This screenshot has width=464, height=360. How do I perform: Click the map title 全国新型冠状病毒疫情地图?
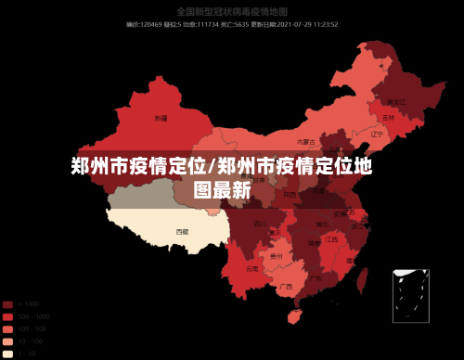[231, 12]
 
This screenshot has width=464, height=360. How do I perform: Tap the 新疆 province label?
[161, 119]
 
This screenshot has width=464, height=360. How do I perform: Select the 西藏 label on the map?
[182, 230]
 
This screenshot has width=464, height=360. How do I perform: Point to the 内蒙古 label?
[305, 142]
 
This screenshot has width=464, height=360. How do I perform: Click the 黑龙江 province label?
[396, 101]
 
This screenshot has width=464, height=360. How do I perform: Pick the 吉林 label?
[388, 119]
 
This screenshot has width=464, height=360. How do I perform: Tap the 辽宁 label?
[377, 134]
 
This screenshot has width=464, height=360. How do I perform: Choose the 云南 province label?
[252, 268]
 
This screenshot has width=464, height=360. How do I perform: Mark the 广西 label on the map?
[286, 287]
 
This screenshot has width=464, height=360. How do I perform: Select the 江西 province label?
[331, 239]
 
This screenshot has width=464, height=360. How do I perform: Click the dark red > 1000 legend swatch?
[7, 304]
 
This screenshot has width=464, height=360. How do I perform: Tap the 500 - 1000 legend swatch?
[7, 316]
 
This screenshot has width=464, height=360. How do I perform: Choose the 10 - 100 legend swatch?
[7, 341]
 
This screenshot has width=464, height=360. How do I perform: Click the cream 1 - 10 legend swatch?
[7, 353]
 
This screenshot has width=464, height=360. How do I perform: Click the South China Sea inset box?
[410, 295]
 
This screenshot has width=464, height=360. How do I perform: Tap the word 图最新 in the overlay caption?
[222, 190]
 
